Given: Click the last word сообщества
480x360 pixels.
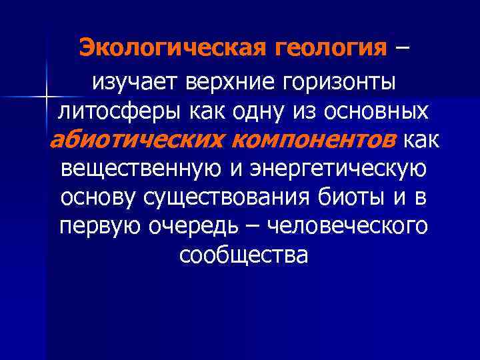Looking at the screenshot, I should point(243,255).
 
